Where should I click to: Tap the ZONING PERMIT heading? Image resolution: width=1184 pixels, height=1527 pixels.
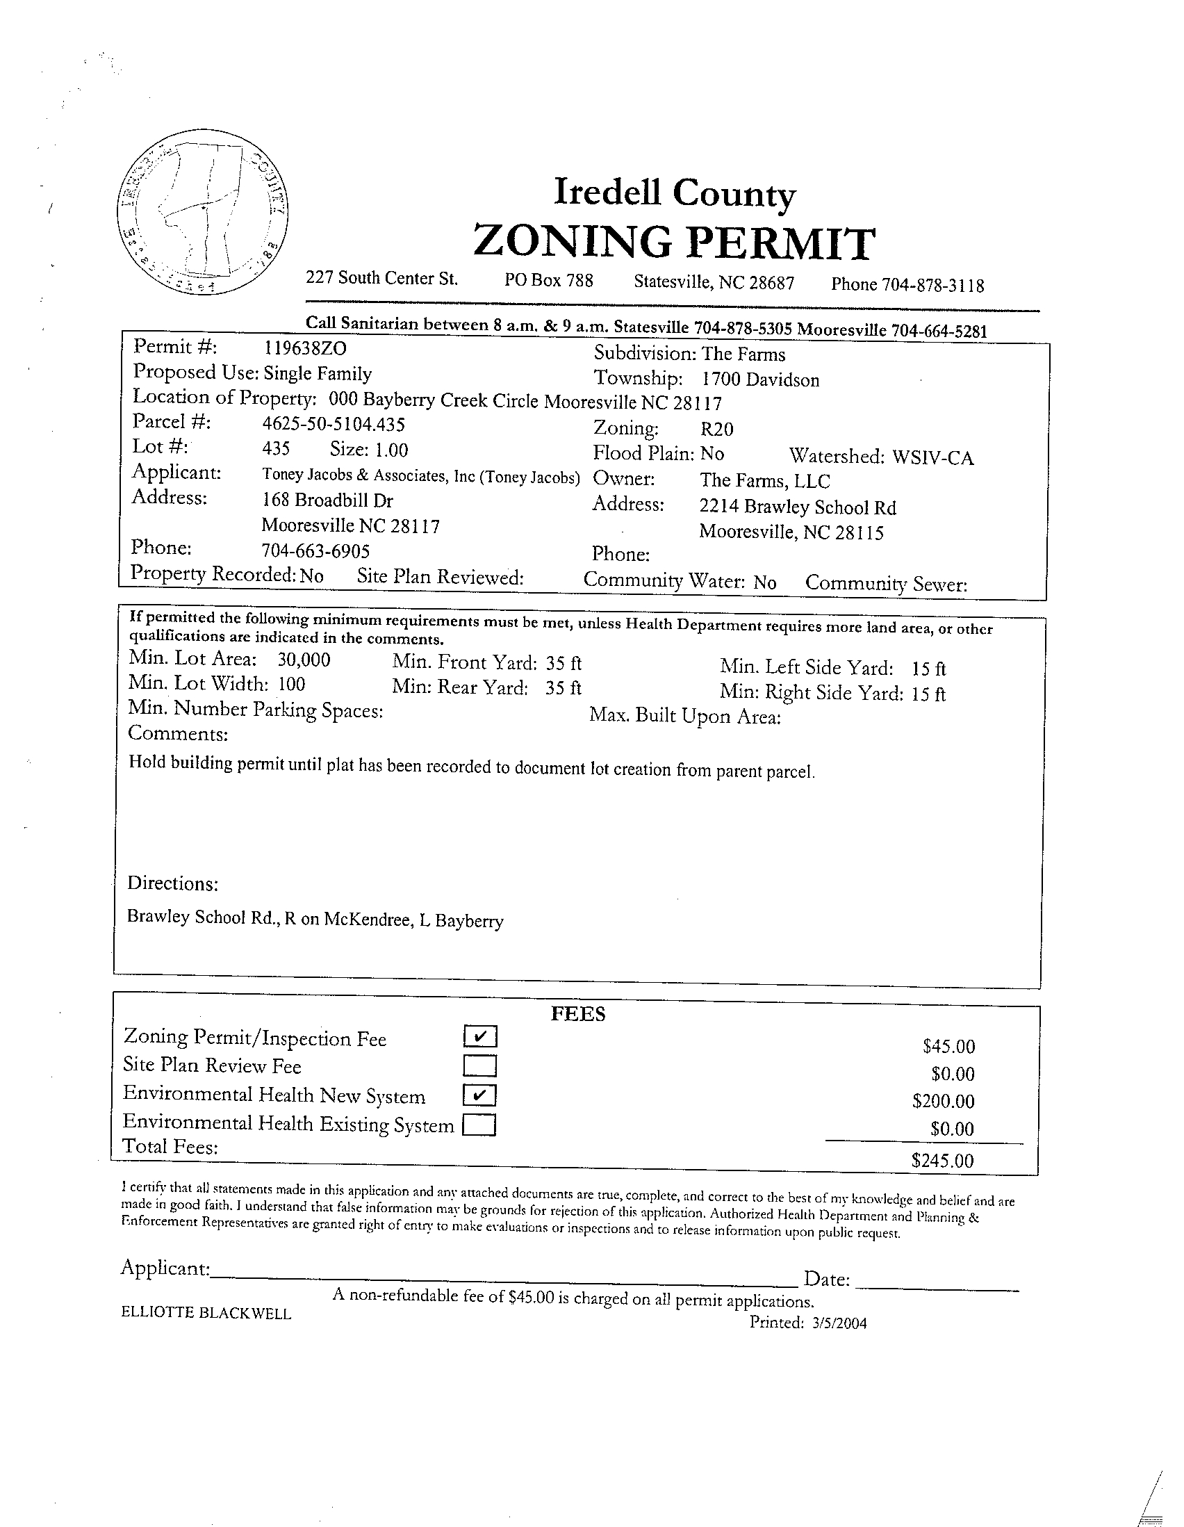674,242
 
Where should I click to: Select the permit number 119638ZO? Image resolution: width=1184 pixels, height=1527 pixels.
305,348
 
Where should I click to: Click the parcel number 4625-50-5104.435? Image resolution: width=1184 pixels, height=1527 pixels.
334,425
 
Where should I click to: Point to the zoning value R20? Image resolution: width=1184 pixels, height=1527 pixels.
716,429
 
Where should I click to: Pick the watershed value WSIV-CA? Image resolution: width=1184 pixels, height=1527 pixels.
932,457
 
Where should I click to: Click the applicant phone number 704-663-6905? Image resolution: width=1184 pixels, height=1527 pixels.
315,551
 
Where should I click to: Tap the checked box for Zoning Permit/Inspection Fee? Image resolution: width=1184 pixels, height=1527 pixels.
479,1036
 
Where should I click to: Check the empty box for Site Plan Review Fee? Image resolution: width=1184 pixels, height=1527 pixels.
479,1065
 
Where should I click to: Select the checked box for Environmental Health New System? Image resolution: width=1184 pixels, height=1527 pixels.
479,1095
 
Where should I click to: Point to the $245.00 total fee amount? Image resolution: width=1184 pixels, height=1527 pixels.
942,1161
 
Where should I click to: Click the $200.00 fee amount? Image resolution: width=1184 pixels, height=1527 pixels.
943,1101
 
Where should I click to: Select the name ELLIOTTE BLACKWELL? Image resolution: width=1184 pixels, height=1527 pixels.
206,1313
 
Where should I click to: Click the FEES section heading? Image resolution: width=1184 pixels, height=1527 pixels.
578,1014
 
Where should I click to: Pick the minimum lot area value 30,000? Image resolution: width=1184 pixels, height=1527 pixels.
304,660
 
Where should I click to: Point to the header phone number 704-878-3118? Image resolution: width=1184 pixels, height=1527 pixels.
932,285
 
